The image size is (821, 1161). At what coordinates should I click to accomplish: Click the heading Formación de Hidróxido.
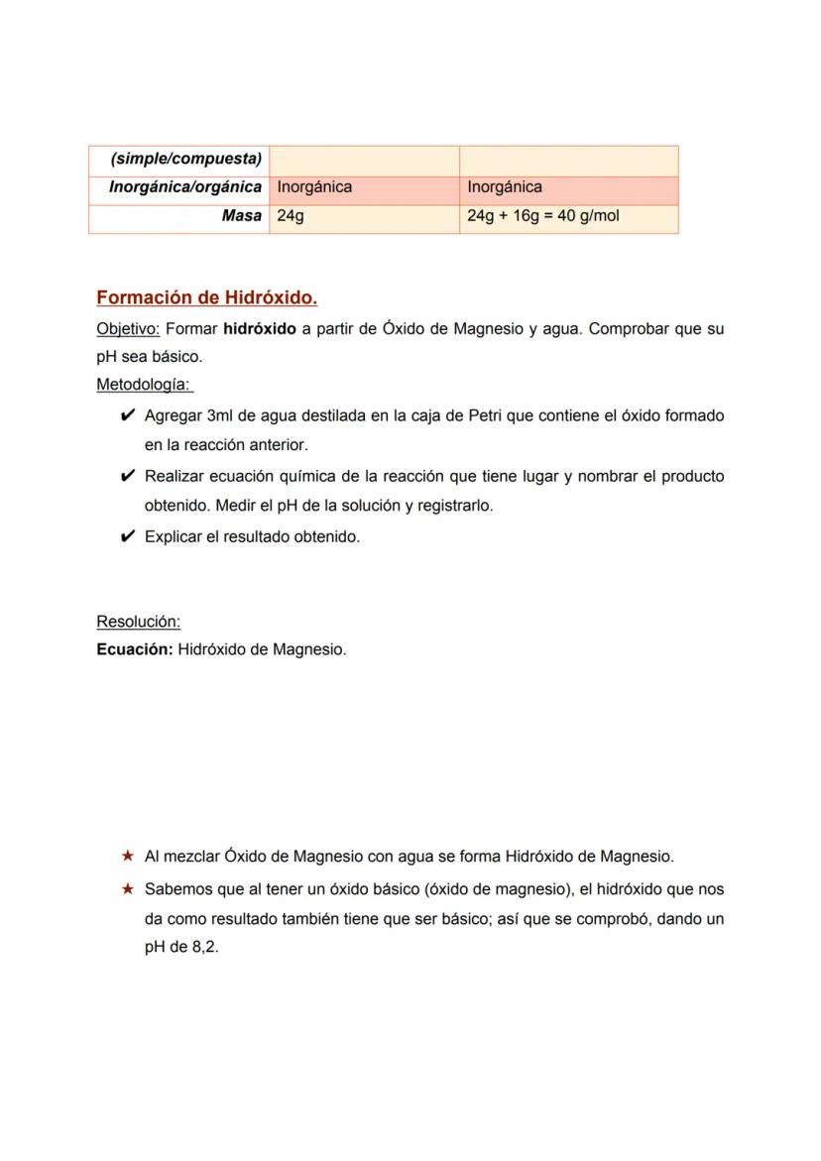click(x=206, y=297)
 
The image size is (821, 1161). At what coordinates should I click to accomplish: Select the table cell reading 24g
click(x=291, y=216)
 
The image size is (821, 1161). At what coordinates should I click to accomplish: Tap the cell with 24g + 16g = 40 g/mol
click(x=542, y=216)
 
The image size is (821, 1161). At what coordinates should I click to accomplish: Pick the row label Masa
click(x=242, y=216)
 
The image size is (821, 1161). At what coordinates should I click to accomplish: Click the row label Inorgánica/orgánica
click(x=185, y=187)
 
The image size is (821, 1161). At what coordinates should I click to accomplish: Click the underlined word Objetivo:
click(x=128, y=329)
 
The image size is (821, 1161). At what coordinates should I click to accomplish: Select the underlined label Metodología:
click(x=145, y=384)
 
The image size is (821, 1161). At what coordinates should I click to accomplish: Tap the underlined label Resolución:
click(x=138, y=622)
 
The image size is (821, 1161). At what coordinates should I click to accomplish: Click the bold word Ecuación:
click(x=135, y=650)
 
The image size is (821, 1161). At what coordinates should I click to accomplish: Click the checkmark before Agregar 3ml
click(x=127, y=415)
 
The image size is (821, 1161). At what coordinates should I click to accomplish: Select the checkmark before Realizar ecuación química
click(x=127, y=476)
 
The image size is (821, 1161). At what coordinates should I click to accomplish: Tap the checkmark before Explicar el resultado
click(x=127, y=536)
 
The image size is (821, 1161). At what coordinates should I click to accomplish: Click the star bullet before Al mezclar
click(x=127, y=856)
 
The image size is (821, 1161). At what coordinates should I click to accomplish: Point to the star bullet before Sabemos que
click(x=127, y=889)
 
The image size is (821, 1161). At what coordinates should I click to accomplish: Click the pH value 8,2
click(x=204, y=947)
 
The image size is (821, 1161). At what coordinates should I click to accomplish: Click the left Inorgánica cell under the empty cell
click(x=314, y=187)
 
